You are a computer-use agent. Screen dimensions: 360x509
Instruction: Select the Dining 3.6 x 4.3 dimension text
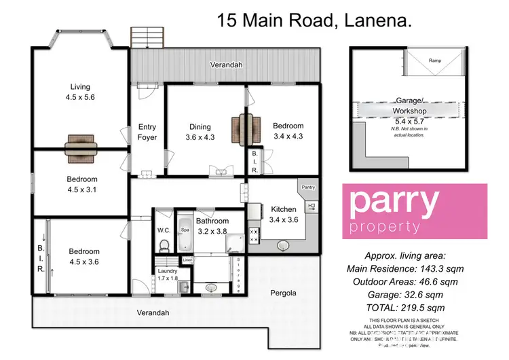pyautogui.click(x=200, y=138)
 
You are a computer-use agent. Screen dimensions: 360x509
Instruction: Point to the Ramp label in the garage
pyautogui.click(x=434, y=61)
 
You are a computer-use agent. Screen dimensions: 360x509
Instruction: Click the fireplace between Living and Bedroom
pyautogui.click(x=81, y=144)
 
